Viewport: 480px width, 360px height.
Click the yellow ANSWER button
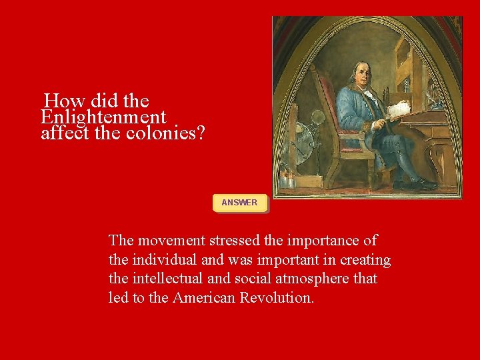point(239,203)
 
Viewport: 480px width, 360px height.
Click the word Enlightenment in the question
point(103,117)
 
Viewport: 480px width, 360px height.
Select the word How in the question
point(59,101)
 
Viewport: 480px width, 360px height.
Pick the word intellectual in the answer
point(169,279)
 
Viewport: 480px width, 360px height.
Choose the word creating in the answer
point(365,260)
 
